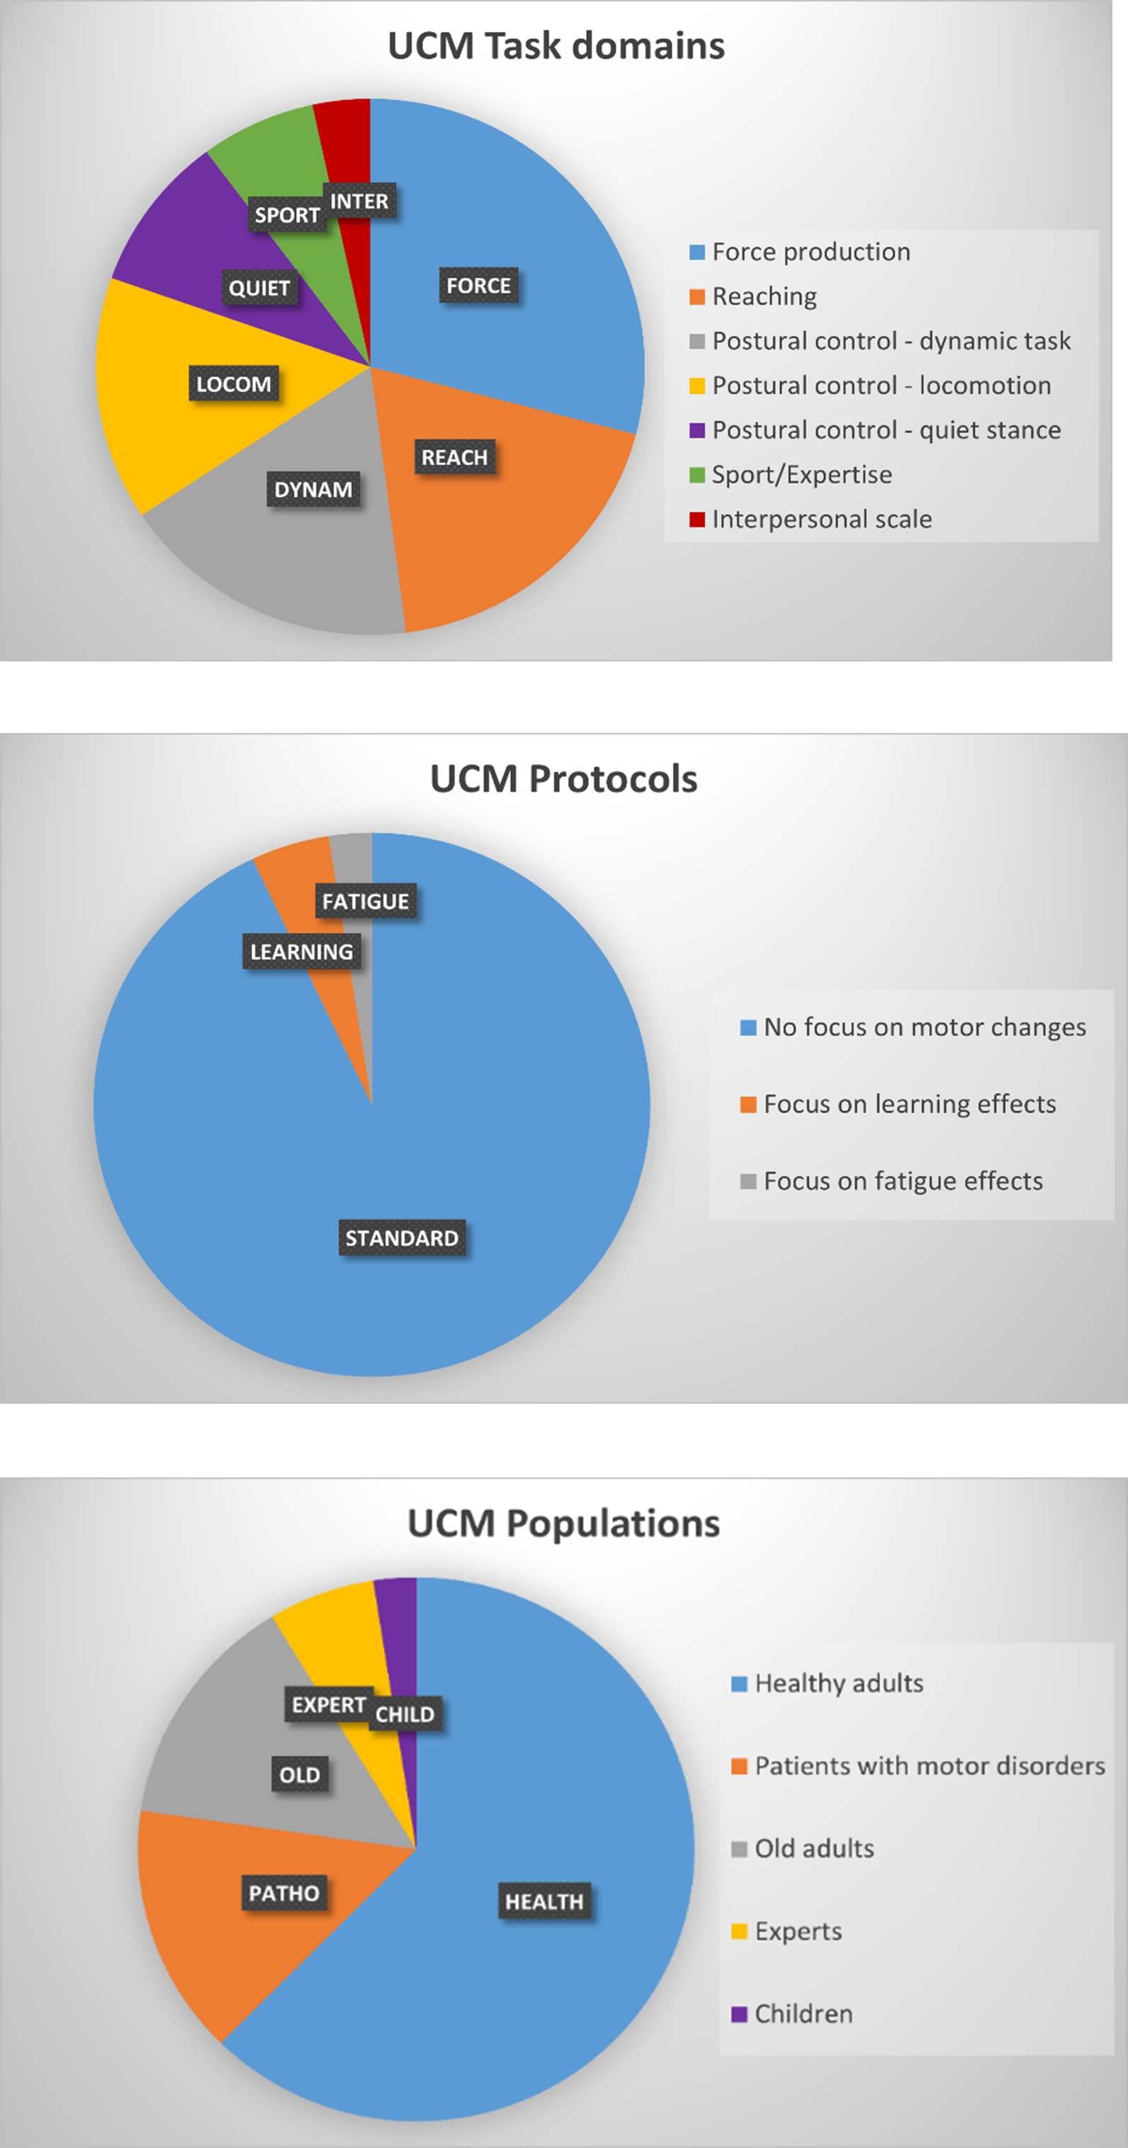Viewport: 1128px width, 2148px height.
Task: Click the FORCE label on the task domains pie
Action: tap(478, 286)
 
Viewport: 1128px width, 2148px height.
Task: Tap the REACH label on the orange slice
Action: tap(454, 458)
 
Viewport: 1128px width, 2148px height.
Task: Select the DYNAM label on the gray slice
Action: tap(313, 489)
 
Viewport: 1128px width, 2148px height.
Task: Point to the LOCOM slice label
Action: tap(233, 384)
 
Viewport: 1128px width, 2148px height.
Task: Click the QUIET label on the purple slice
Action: tap(259, 289)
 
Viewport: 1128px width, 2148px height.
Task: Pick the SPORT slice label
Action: tap(287, 215)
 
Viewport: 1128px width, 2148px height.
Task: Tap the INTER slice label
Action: tap(359, 202)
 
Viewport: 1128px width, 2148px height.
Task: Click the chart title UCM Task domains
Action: tap(556, 47)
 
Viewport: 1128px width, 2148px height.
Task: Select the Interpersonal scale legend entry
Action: tap(821, 520)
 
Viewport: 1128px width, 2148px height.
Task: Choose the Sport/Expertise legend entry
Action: tap(801, 474)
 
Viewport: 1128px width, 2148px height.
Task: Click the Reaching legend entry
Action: tap(764, 297)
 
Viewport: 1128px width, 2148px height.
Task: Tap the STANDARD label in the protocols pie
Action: tap(402, 1238)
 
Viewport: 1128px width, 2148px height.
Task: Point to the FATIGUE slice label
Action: tap(365, 902)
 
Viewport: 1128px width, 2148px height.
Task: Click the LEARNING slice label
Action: tap(302, 952)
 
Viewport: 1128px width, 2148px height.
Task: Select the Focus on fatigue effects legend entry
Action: tap(902, 1182)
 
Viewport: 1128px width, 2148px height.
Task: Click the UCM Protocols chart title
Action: tap(563, 780)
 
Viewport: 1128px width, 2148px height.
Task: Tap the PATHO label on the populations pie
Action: tap(283, 1894)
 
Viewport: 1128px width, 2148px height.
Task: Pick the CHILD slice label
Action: tap(405, 1714)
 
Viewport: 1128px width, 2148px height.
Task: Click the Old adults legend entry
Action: tap(813, 1849)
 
